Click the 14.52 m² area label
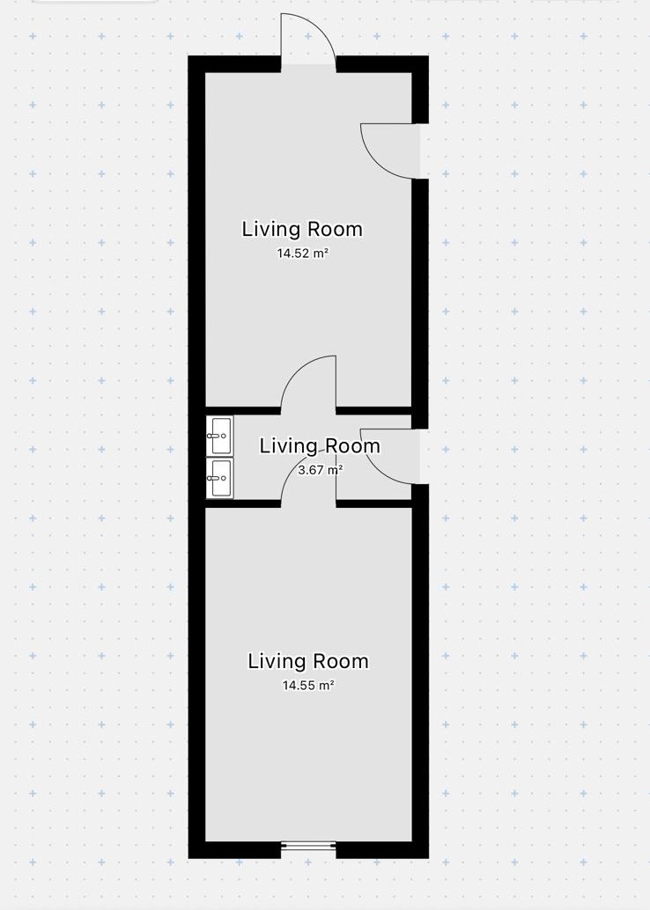pos(303,253)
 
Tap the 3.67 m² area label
pos(320,469)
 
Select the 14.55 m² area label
pos(308,686)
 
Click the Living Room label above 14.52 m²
pos(302,229)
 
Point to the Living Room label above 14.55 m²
pos(308,661)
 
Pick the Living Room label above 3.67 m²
pos(320,445)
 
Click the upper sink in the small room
pos(220,436)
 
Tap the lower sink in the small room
pos(220,478)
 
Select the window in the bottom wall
pos(308,846)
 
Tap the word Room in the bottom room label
pos(338,661)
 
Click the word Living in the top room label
pos(270,230)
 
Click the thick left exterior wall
pos(197,458)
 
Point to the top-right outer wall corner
pos(429,55)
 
